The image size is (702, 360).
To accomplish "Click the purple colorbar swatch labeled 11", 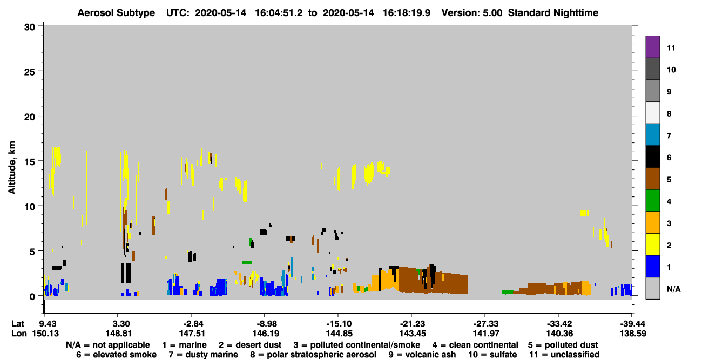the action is click(652, 47).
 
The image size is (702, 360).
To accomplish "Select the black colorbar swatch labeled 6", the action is click(652, 157).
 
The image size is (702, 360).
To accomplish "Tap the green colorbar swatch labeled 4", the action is click(652, 201).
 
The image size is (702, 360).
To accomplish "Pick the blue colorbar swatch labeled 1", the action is click(652, 266).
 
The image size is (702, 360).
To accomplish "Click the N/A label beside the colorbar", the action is click(673, 289).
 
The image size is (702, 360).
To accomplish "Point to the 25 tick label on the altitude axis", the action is click(30, 72).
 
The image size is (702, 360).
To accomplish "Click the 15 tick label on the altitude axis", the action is click(30, 162).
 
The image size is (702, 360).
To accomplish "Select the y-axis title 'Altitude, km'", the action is click(11, 168).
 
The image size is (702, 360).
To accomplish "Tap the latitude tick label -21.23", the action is click(412, 324).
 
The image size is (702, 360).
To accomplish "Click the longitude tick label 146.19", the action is click(266, 334).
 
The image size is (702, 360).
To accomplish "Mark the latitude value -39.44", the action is click(632, 324).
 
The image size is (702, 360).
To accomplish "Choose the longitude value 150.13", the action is click(45, 334).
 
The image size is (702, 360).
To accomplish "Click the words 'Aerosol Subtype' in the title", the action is click(116, 13).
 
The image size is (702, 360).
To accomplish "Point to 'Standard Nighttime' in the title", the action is click(553, 13).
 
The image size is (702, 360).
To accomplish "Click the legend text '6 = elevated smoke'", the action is click(116, 355).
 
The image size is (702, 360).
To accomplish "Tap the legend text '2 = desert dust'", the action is click(250, 345).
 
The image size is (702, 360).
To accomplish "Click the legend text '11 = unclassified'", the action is click(564, 355).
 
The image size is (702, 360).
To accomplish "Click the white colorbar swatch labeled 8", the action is click(652, 113).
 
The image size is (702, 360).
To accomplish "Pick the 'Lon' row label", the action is click(19, 334).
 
